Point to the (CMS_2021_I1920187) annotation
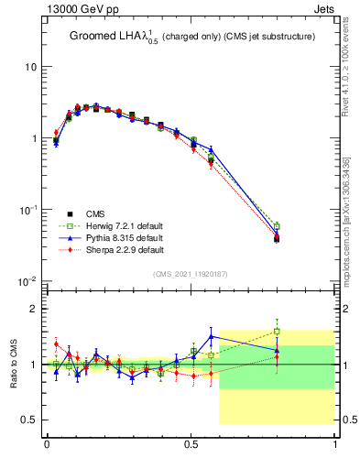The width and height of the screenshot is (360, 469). (190, 274)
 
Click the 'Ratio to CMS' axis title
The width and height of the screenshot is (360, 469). (14, 364)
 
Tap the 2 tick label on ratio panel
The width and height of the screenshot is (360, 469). (33, 309)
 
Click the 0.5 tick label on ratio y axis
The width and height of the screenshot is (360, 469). (28, 420)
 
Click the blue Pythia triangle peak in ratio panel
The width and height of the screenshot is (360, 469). (212, 336)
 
